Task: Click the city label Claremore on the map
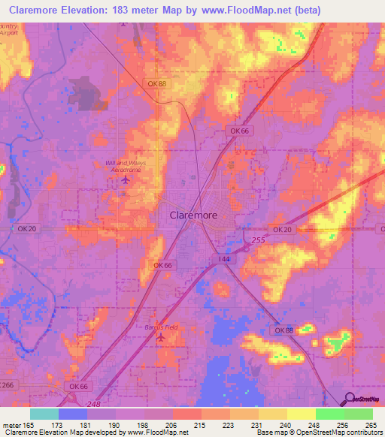[x=190, y=215]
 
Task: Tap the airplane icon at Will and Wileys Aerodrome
[x=125, y=180]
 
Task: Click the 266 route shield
[x=7, y=385]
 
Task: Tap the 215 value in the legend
[x=199, y=426]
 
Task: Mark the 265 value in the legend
[x=371, y=426]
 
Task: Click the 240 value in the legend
[x=285, y=426]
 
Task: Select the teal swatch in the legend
[x=44, y=414]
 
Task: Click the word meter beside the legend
[x=12, y=426]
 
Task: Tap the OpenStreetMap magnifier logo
[x=349, y=399]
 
